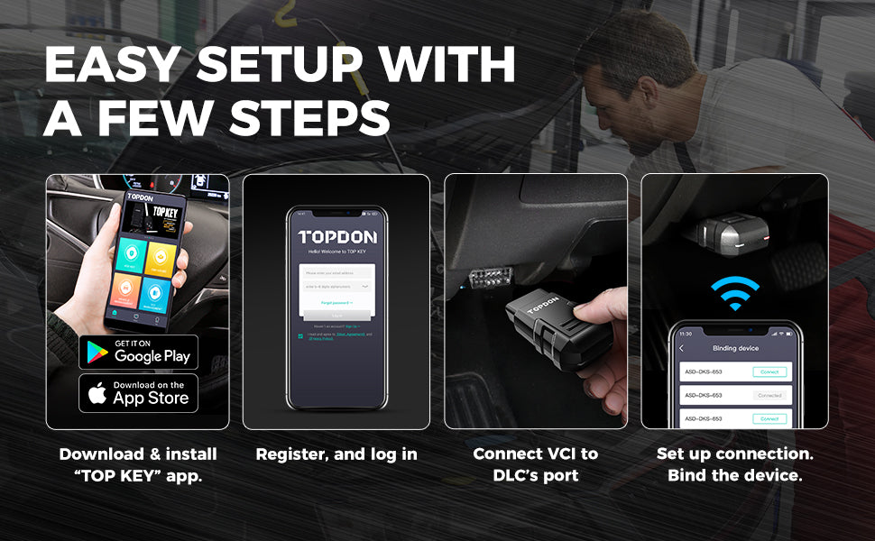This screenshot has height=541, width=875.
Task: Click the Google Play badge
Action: point(138,352)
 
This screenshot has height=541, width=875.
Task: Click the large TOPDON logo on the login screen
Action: point(336,237)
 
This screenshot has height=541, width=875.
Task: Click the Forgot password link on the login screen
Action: point(336,303)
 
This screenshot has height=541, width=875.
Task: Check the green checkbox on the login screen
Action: point(300,335)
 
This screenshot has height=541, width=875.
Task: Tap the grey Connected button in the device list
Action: point(769,395)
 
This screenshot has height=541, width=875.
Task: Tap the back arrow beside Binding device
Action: point(682,348)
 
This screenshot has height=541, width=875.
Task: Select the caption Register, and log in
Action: point(336,454)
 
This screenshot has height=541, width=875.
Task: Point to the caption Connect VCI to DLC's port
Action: point(536,463)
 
